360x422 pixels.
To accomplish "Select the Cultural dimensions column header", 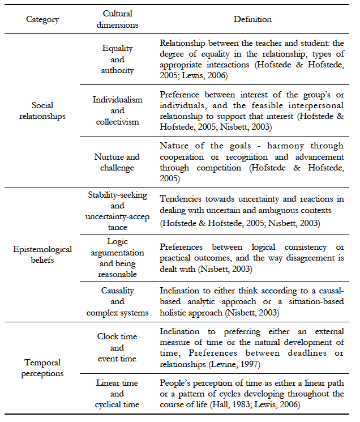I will (117, 19).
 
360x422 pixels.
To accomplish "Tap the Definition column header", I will (252, 19).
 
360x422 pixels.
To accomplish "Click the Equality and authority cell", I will (117, 59).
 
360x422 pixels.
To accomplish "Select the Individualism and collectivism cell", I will (117, 110).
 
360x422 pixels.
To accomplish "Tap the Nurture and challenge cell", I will (117, 162).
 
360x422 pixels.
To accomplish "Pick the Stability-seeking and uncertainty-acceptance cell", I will (117, 211).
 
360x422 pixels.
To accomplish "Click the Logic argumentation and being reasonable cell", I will (117, 257).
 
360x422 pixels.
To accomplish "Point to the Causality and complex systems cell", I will (117, 301).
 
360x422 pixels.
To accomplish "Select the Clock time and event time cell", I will (117, 347).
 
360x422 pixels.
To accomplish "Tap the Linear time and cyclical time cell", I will (117, 394).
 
